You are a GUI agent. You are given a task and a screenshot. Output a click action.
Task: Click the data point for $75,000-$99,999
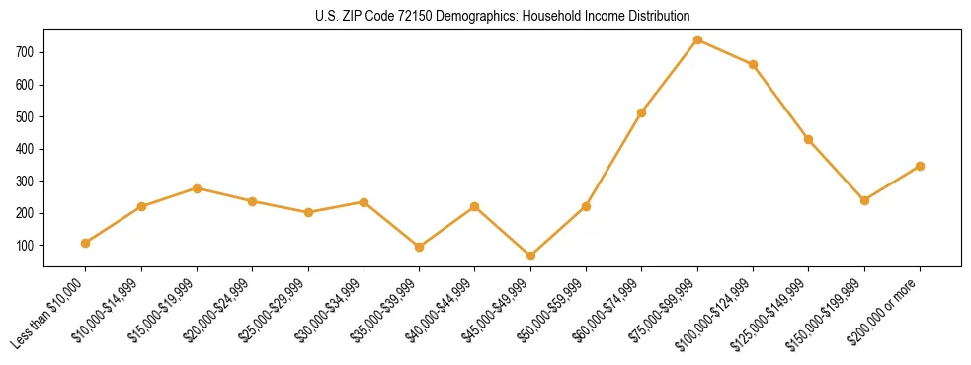pos(697,40)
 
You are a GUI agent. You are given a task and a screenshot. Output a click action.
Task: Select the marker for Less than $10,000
pos(86,243)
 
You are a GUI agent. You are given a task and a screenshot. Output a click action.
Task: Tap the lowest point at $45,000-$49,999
pos(530,255)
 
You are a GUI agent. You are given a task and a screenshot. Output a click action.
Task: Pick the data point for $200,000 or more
pos(920,166)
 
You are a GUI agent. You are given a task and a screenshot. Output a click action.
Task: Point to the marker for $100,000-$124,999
pos(753,64)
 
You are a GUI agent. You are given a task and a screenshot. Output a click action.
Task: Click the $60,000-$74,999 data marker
pos(642,112)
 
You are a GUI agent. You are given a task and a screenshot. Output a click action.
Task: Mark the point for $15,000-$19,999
pos(197,188)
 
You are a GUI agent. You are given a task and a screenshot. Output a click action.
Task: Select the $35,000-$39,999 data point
pos(419,247)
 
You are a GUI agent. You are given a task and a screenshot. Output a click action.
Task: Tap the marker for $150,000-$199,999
pos(864,200)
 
